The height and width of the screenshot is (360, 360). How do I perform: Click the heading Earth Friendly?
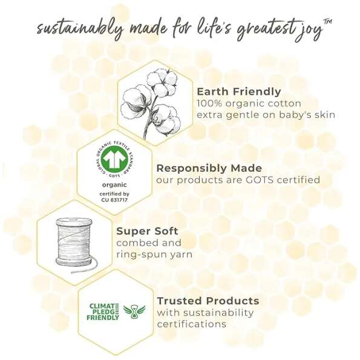coord(239,91)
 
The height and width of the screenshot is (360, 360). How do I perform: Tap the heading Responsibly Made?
coord(209,168)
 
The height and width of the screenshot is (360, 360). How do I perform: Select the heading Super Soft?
coord(147,231)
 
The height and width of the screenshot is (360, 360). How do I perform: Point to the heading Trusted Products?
coord(208,301)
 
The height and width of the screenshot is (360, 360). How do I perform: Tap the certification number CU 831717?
coord(114,200)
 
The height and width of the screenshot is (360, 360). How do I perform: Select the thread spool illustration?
coord(76,245)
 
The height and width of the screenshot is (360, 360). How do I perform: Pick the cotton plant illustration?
coord(149,103)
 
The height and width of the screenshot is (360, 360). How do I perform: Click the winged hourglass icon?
coord(134,312)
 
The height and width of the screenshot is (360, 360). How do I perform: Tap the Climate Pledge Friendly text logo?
coord(103,312)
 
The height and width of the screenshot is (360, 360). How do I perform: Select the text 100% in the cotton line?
coord(209,103)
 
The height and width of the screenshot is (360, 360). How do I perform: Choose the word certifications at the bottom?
coord(192,324)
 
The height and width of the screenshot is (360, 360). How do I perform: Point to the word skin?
coord(324,115)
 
